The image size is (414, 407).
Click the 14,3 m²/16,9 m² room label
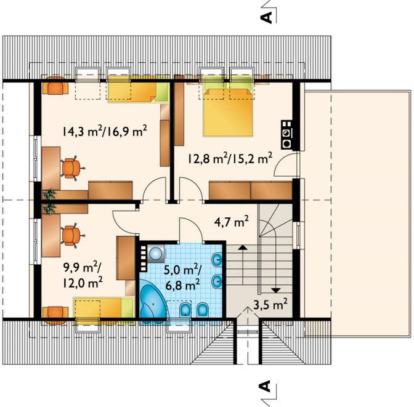coord(105,131)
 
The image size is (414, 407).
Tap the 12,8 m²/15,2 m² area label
coord(230,158)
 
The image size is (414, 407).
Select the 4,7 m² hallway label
coord(231,222)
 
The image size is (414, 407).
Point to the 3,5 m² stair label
coord(270,305)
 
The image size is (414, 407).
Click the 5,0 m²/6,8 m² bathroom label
coord(182,277)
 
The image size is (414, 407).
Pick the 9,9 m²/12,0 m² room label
coord(83,275)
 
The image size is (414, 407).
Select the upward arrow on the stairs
coord(243,248)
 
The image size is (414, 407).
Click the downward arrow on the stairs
coord(276,290)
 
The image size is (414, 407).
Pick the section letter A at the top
coord(266,17)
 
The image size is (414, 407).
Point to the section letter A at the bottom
coord(266,386)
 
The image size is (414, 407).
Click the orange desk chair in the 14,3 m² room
coord(72,168)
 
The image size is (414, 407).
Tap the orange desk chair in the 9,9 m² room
coord(72,235)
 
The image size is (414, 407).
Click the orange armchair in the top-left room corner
coord(55,85)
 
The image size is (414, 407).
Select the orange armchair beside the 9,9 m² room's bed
coord(55,315)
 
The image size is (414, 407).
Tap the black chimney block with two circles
coord(287,135)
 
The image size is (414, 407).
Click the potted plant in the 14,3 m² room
coord(50,194)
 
